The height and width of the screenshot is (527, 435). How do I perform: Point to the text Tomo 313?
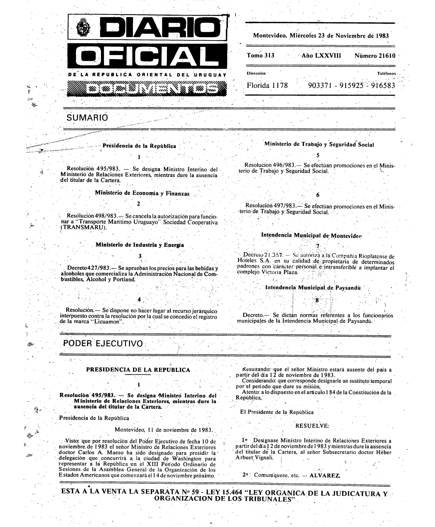coord(261,55)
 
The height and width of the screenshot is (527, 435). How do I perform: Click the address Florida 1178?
coord(267,86)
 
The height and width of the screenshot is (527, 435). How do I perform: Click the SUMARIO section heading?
coord(87,118)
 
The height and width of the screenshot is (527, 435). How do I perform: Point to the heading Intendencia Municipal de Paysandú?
coord(313,288)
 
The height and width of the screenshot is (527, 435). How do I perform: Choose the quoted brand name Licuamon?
coord(108,322)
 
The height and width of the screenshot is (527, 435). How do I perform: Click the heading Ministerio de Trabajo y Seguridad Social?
coord(319,145)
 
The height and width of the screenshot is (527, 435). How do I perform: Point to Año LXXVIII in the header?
coord(321,55)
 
